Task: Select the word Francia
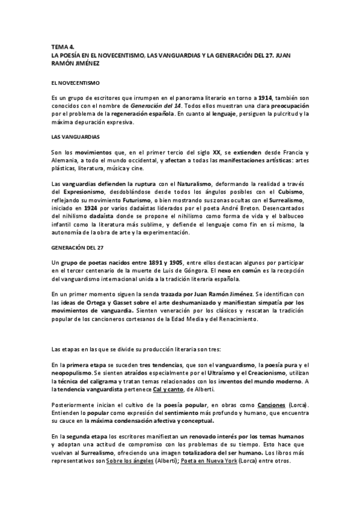[291, 153]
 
